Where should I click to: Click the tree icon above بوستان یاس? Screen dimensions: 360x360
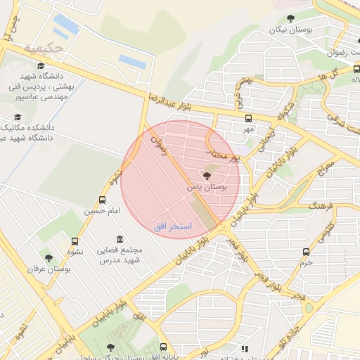click(206, 175)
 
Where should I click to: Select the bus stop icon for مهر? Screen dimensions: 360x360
click(247, 118)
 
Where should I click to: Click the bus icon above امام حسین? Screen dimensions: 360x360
click(103, 200)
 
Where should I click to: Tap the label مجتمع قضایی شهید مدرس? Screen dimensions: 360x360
click(122, 255)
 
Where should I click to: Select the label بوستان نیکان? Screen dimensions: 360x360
click(291, 30)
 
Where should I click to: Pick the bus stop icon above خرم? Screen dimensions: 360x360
click(305, 252)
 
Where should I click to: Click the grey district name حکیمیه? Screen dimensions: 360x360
click(44, 49)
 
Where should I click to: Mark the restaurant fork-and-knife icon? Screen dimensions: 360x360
click(244, 349)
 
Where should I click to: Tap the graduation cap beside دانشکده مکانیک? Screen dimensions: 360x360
click(18, 117)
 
